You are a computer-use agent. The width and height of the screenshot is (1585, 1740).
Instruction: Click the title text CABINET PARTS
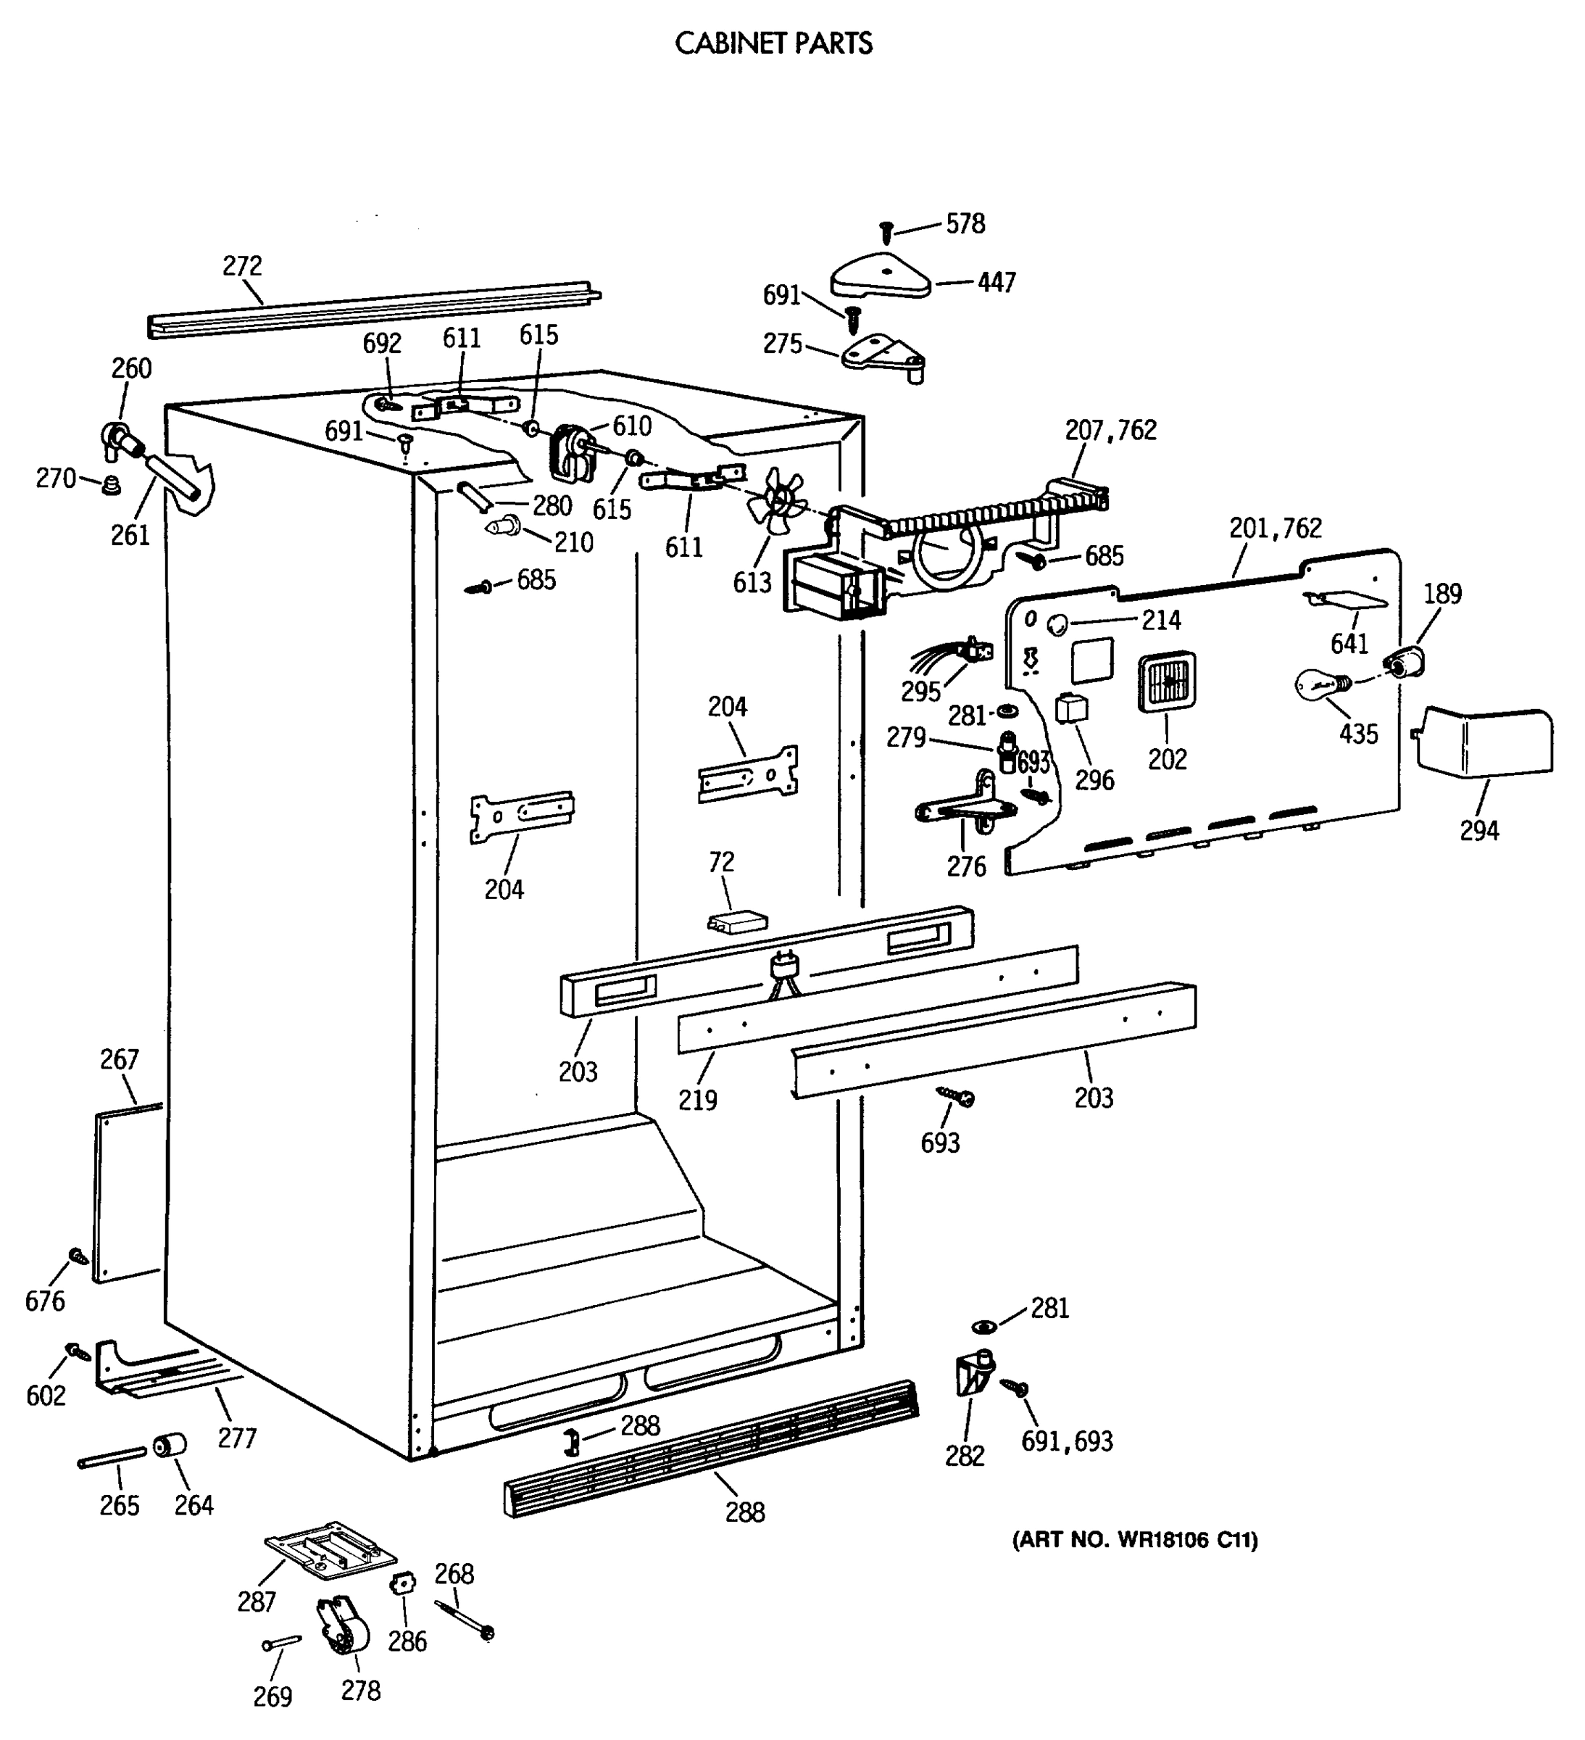(773, 43)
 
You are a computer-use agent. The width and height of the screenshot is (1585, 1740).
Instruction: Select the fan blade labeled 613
(779, 500)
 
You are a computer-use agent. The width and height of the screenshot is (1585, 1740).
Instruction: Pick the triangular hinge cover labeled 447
(880, 276)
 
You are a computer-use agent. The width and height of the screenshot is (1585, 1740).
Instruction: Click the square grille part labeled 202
(1167, 681)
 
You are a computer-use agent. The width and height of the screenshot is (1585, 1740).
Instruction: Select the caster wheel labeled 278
(344, 1626)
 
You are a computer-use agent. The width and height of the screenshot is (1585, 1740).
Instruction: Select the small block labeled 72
(736, 921)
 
